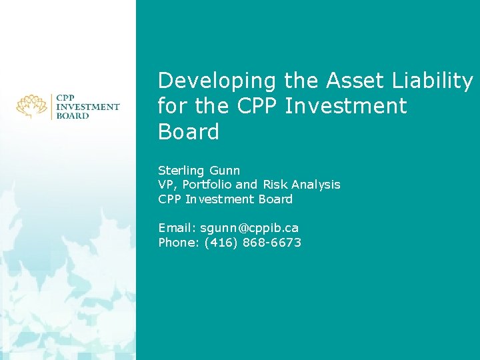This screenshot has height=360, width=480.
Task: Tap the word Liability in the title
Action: tap(434, 81)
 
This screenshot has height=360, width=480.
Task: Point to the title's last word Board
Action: tap(189, 131)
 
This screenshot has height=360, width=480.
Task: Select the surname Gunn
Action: tap(226, 171)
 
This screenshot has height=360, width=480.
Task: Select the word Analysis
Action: tap(316, 185)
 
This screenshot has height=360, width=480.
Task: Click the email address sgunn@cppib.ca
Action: tap(245, 228)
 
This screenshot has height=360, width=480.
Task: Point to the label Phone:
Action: tap(175, 243)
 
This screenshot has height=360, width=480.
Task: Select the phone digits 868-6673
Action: tap(274, 243)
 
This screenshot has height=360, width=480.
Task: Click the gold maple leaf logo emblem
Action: tap(32, 106)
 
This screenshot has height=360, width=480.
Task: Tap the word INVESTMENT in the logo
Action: tap(88, 106)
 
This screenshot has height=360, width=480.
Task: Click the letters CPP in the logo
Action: tap(66, 97)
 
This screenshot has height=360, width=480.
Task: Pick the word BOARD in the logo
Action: tap(73, 115)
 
